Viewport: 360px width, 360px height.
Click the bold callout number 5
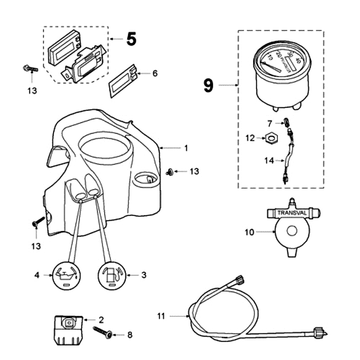[131, 39]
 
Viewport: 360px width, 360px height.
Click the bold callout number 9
[208, 85]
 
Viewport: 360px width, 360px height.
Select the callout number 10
[249, 232]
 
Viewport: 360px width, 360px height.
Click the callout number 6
[155, 73]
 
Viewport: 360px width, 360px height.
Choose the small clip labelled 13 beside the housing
[170, 171]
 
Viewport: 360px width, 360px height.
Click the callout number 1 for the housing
[186, 148]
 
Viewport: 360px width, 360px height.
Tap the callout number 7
[270, 123]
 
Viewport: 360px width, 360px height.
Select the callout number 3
[144, 274]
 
